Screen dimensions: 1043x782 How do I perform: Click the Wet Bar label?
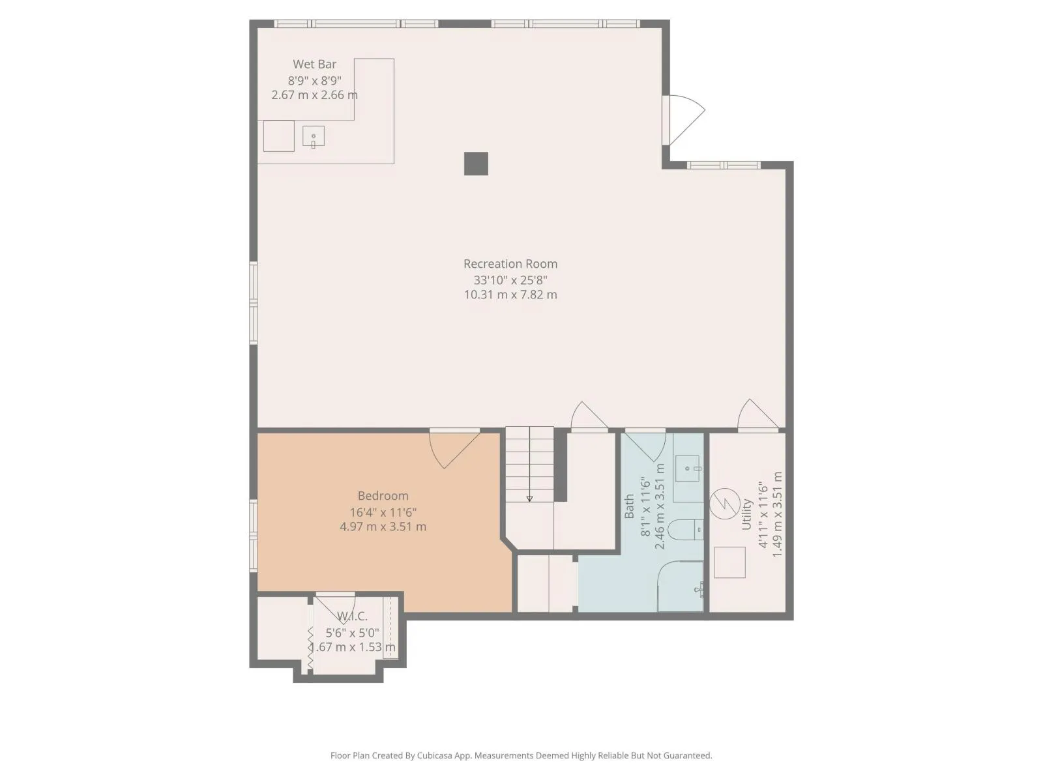tap(314, 64)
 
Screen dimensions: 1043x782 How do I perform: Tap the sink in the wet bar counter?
tap(314, 137)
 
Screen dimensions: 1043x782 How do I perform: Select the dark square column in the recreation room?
tap(476, 164)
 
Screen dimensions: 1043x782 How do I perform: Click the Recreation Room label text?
tap(510, 263)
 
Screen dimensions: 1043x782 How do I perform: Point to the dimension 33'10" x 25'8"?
tap(510, 280)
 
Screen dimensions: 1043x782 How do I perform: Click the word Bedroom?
tap(383, 496)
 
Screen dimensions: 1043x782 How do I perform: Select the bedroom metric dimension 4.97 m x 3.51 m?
tap(383, 527)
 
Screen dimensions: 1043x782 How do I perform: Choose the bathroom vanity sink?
tap(688, 469)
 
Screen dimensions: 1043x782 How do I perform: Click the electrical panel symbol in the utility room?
tap(725, 503)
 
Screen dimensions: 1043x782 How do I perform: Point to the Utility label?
tap(746, 515)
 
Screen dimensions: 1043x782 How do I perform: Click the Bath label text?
tap(629, 506)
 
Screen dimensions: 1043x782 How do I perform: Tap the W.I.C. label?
tap(352, 616)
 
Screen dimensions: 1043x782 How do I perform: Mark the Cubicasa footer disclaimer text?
tap(521, 755)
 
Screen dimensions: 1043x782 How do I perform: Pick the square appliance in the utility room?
tap(729, 562)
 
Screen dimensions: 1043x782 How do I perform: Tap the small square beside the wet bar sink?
tap(279, 136)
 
